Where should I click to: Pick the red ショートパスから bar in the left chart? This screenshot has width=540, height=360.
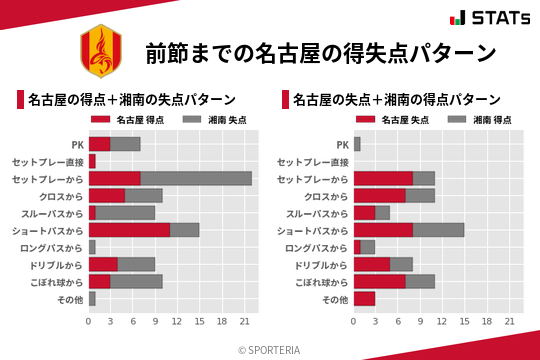[x=129, y=229]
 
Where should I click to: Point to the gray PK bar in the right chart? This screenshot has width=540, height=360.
[x=357, y=144]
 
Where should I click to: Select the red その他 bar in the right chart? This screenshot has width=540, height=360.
[x=364, y=298]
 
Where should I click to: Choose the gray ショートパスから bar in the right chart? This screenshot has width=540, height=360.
[x=438, y=229]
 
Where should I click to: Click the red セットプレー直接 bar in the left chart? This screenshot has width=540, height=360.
[x=92, y=161]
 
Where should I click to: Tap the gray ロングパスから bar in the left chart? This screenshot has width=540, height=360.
[x=92, y=247]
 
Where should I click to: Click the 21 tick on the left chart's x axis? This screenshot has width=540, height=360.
[x=244, y=321]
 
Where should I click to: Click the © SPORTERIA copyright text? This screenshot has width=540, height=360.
[x=270, y=349]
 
